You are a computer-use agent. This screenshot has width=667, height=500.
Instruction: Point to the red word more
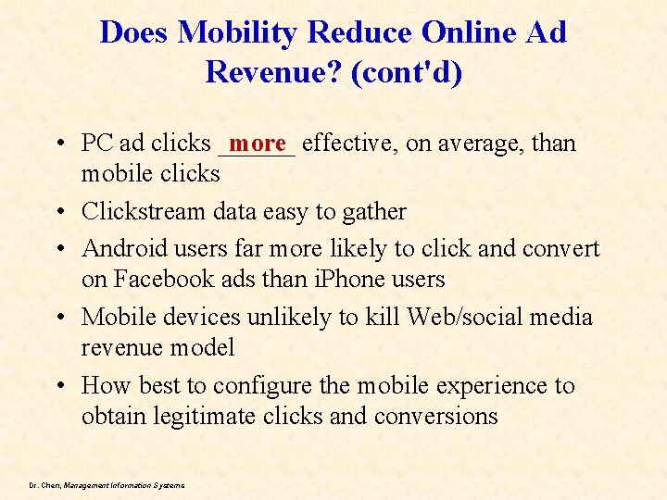(258, 143)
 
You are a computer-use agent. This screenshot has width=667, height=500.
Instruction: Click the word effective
(348, 144)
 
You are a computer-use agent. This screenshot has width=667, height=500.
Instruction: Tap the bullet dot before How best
(58, 386)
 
